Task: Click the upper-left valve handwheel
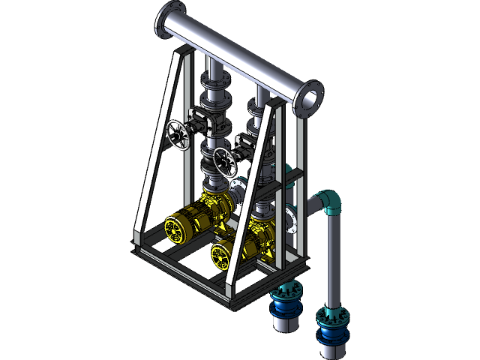[x=177, y=135]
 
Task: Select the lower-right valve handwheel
[x=224, y=160]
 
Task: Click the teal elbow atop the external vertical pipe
[x=329, y=201]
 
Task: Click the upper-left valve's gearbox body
[x=199, y=120]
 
